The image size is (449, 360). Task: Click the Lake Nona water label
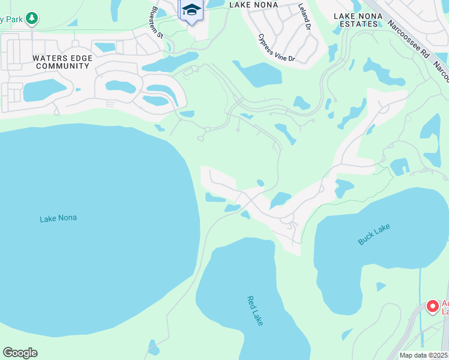pos(58,218)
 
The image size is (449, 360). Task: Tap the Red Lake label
pos(255,310)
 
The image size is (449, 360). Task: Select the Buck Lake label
pos(374,234)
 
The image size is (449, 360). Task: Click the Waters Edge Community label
pos(62,62)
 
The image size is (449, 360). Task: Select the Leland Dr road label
pos(305,17)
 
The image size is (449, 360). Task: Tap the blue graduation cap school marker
pos(191,10)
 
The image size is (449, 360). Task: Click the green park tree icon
pos(32,19)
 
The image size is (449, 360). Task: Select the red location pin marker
pos(432,307)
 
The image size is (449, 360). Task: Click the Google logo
pos(20,353)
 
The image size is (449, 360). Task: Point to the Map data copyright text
pos(424,355)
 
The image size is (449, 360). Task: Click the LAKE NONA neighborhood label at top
pos(254,5)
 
